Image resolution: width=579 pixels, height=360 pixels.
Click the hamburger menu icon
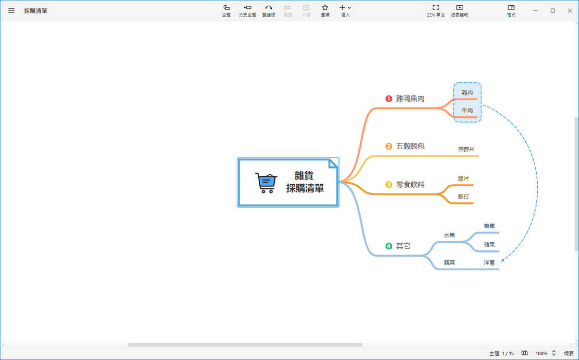click(x=11, y=10)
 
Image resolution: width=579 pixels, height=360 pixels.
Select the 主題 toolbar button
click(x=226, y=10)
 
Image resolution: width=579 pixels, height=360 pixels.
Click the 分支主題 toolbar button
click(x=247, y=10)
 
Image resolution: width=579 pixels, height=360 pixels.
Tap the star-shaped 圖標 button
click(x=325, y=10)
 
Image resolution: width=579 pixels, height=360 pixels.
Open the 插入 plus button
click(x=345, y=10)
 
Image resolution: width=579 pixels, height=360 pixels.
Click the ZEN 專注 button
click(x=436, y=10)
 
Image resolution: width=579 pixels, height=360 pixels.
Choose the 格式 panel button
click(x=511, y=10)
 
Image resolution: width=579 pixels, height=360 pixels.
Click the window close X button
click(x=570, y=10)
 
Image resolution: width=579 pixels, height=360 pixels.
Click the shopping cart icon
click(x=266, y=183)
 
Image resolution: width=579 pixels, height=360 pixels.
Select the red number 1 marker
click(x=389, y=99)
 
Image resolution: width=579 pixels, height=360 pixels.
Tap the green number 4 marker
click(x=389, y=246)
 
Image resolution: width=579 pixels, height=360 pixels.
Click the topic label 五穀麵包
click(x=410, y=146)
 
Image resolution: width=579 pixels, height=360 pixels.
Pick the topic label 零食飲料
click(x=410, y=185)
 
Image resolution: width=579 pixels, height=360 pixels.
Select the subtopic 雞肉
click(x=467, y=92)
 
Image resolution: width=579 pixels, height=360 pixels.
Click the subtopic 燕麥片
click(x=466, y=149)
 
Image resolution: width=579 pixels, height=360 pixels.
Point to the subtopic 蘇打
click(x=464, y=197)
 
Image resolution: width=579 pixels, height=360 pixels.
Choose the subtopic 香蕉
click(x=489, y=226)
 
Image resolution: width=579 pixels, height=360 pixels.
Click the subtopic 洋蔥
click(x=489, y=263)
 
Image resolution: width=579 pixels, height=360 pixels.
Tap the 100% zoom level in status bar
click(x=541, y=354)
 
